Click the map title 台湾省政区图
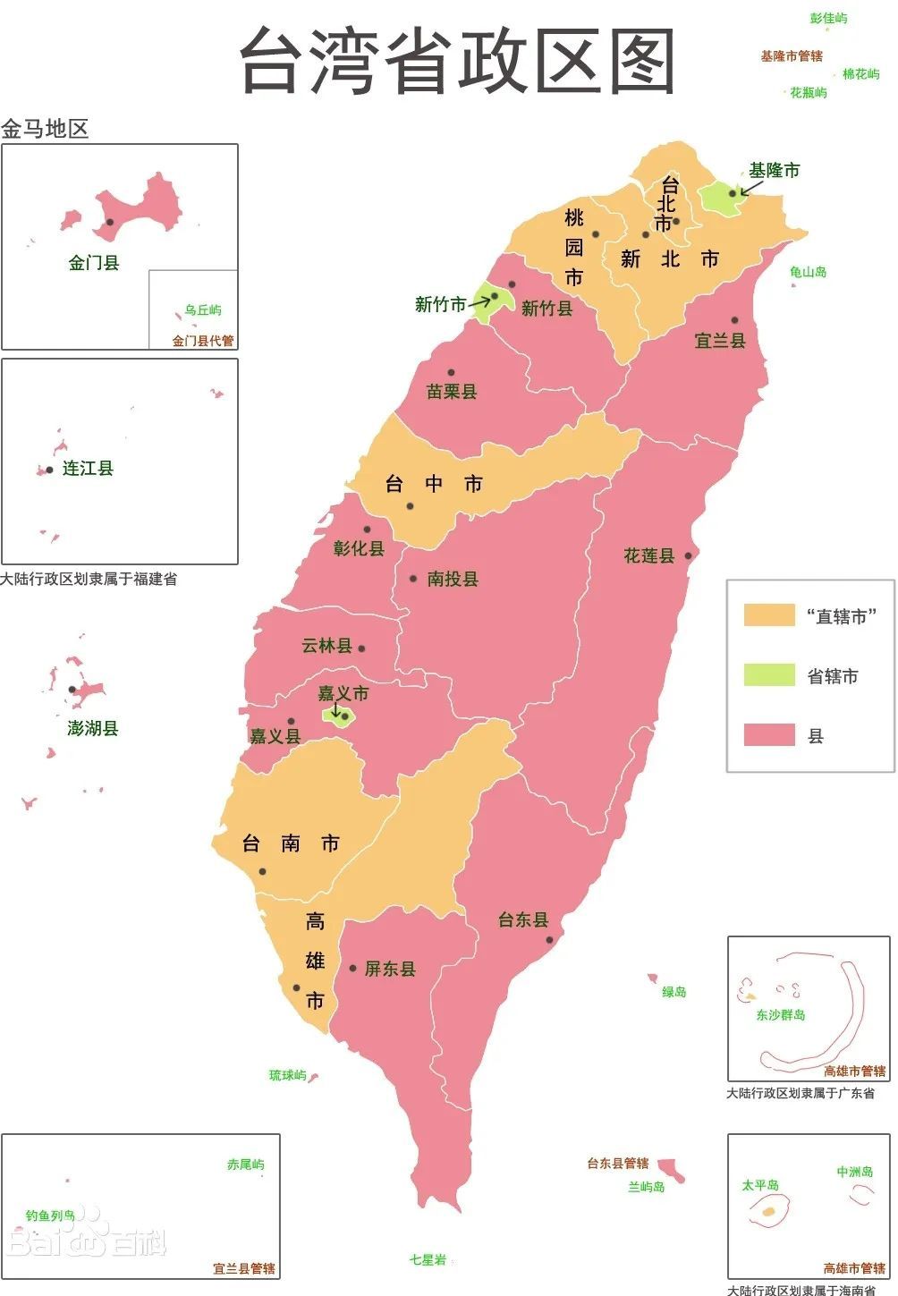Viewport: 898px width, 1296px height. [x=457, y=61]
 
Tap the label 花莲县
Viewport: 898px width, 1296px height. [x=648, y=555]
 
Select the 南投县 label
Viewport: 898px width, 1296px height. [x=453, y=579]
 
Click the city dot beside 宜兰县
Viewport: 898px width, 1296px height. [x=734, y=320]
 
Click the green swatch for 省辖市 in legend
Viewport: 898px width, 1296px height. [x=769, y=675]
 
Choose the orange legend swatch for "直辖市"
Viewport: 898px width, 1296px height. [x=769, y=615]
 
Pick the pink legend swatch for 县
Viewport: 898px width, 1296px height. [x=769, y=735]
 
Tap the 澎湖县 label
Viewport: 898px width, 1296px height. [x=93, y=728]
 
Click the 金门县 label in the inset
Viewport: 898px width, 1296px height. [x=94, y=263]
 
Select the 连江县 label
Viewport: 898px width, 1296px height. [x=88, y=469]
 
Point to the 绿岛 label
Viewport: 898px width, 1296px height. [x=673, y=992]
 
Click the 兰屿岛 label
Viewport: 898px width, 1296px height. [x=646, y=1187]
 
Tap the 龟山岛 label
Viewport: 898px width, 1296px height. [x=808, y=272]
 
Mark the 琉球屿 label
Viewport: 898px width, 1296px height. [x=287, y=1075]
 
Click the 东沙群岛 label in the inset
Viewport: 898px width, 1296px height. [x=780, y=1015]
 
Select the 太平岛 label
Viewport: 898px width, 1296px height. [x=759, y=1185]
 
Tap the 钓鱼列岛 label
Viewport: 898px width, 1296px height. [x=50, y=1216]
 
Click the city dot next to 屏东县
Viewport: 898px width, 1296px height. [x=353, y=969]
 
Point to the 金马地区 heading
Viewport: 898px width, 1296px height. [x=45, y=129]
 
